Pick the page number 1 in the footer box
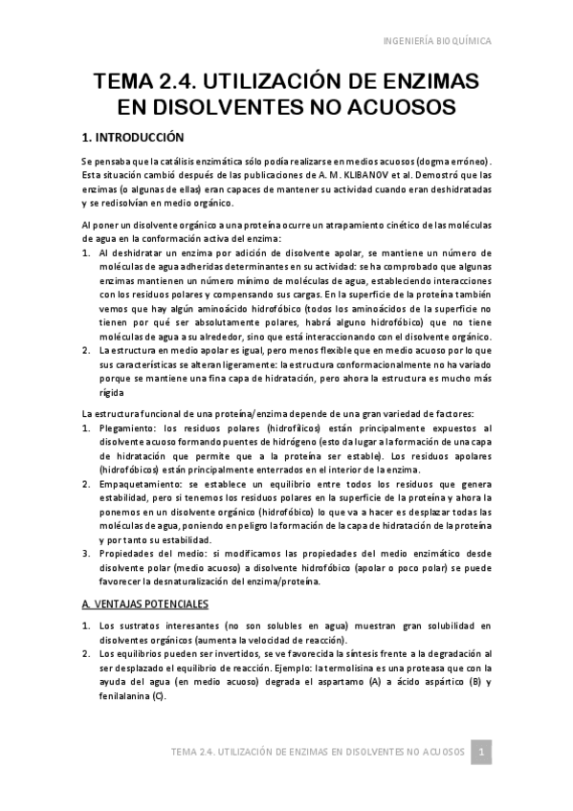coord(484,751)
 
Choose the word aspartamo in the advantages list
coord(349,681)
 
